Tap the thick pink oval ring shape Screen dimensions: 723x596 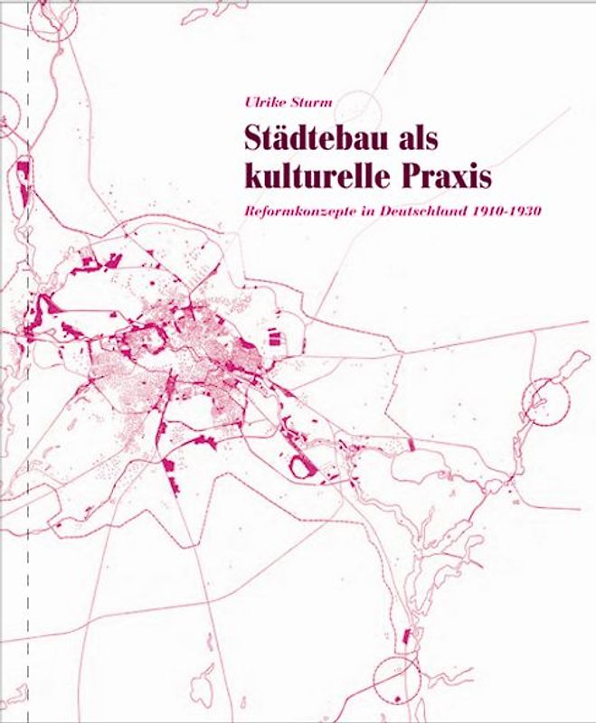(300, 465)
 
